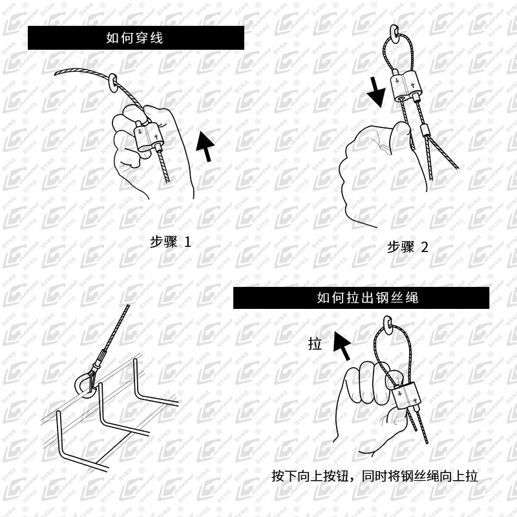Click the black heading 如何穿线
(x=135, y=37)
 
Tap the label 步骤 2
(x=407, y=246)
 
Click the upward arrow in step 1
(x=206, y=145)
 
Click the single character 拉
(x=315, y=344)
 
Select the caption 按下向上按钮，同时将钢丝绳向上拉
(x=375, y=477)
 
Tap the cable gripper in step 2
(x=406, y=89)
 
